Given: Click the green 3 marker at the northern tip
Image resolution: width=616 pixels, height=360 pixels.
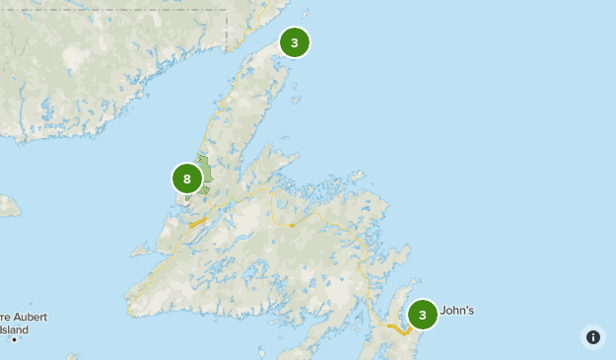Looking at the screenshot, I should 294,42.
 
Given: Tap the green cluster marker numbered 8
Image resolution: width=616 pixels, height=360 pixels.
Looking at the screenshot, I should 186,179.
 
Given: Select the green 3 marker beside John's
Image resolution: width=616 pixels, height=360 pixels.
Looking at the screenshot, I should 422,315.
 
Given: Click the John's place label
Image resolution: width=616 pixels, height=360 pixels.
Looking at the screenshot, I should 456,311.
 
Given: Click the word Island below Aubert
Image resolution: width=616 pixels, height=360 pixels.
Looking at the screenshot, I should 14,328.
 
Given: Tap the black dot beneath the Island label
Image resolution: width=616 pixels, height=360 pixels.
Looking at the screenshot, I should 14,339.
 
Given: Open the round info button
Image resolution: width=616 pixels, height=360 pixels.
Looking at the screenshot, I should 592,337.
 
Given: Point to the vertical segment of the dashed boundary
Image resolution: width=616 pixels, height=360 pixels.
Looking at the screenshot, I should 227,30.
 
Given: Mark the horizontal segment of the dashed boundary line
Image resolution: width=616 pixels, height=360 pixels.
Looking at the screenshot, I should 118,10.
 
